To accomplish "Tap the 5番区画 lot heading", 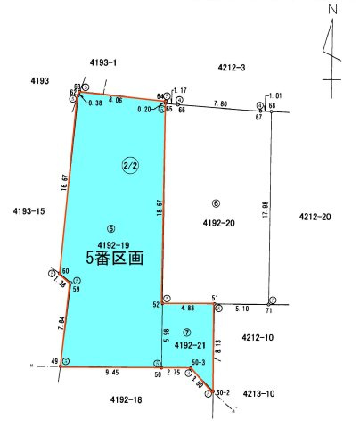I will (x=114, y=256).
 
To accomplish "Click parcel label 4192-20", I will (x=217, y=223).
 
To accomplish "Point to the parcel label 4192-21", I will (x=190, y=344).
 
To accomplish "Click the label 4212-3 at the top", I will (x=232, y=68).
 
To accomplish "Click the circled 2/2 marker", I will (x=128, y=164).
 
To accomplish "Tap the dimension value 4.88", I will (x=187, y=309).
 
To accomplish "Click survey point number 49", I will (x=54, y=361).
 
